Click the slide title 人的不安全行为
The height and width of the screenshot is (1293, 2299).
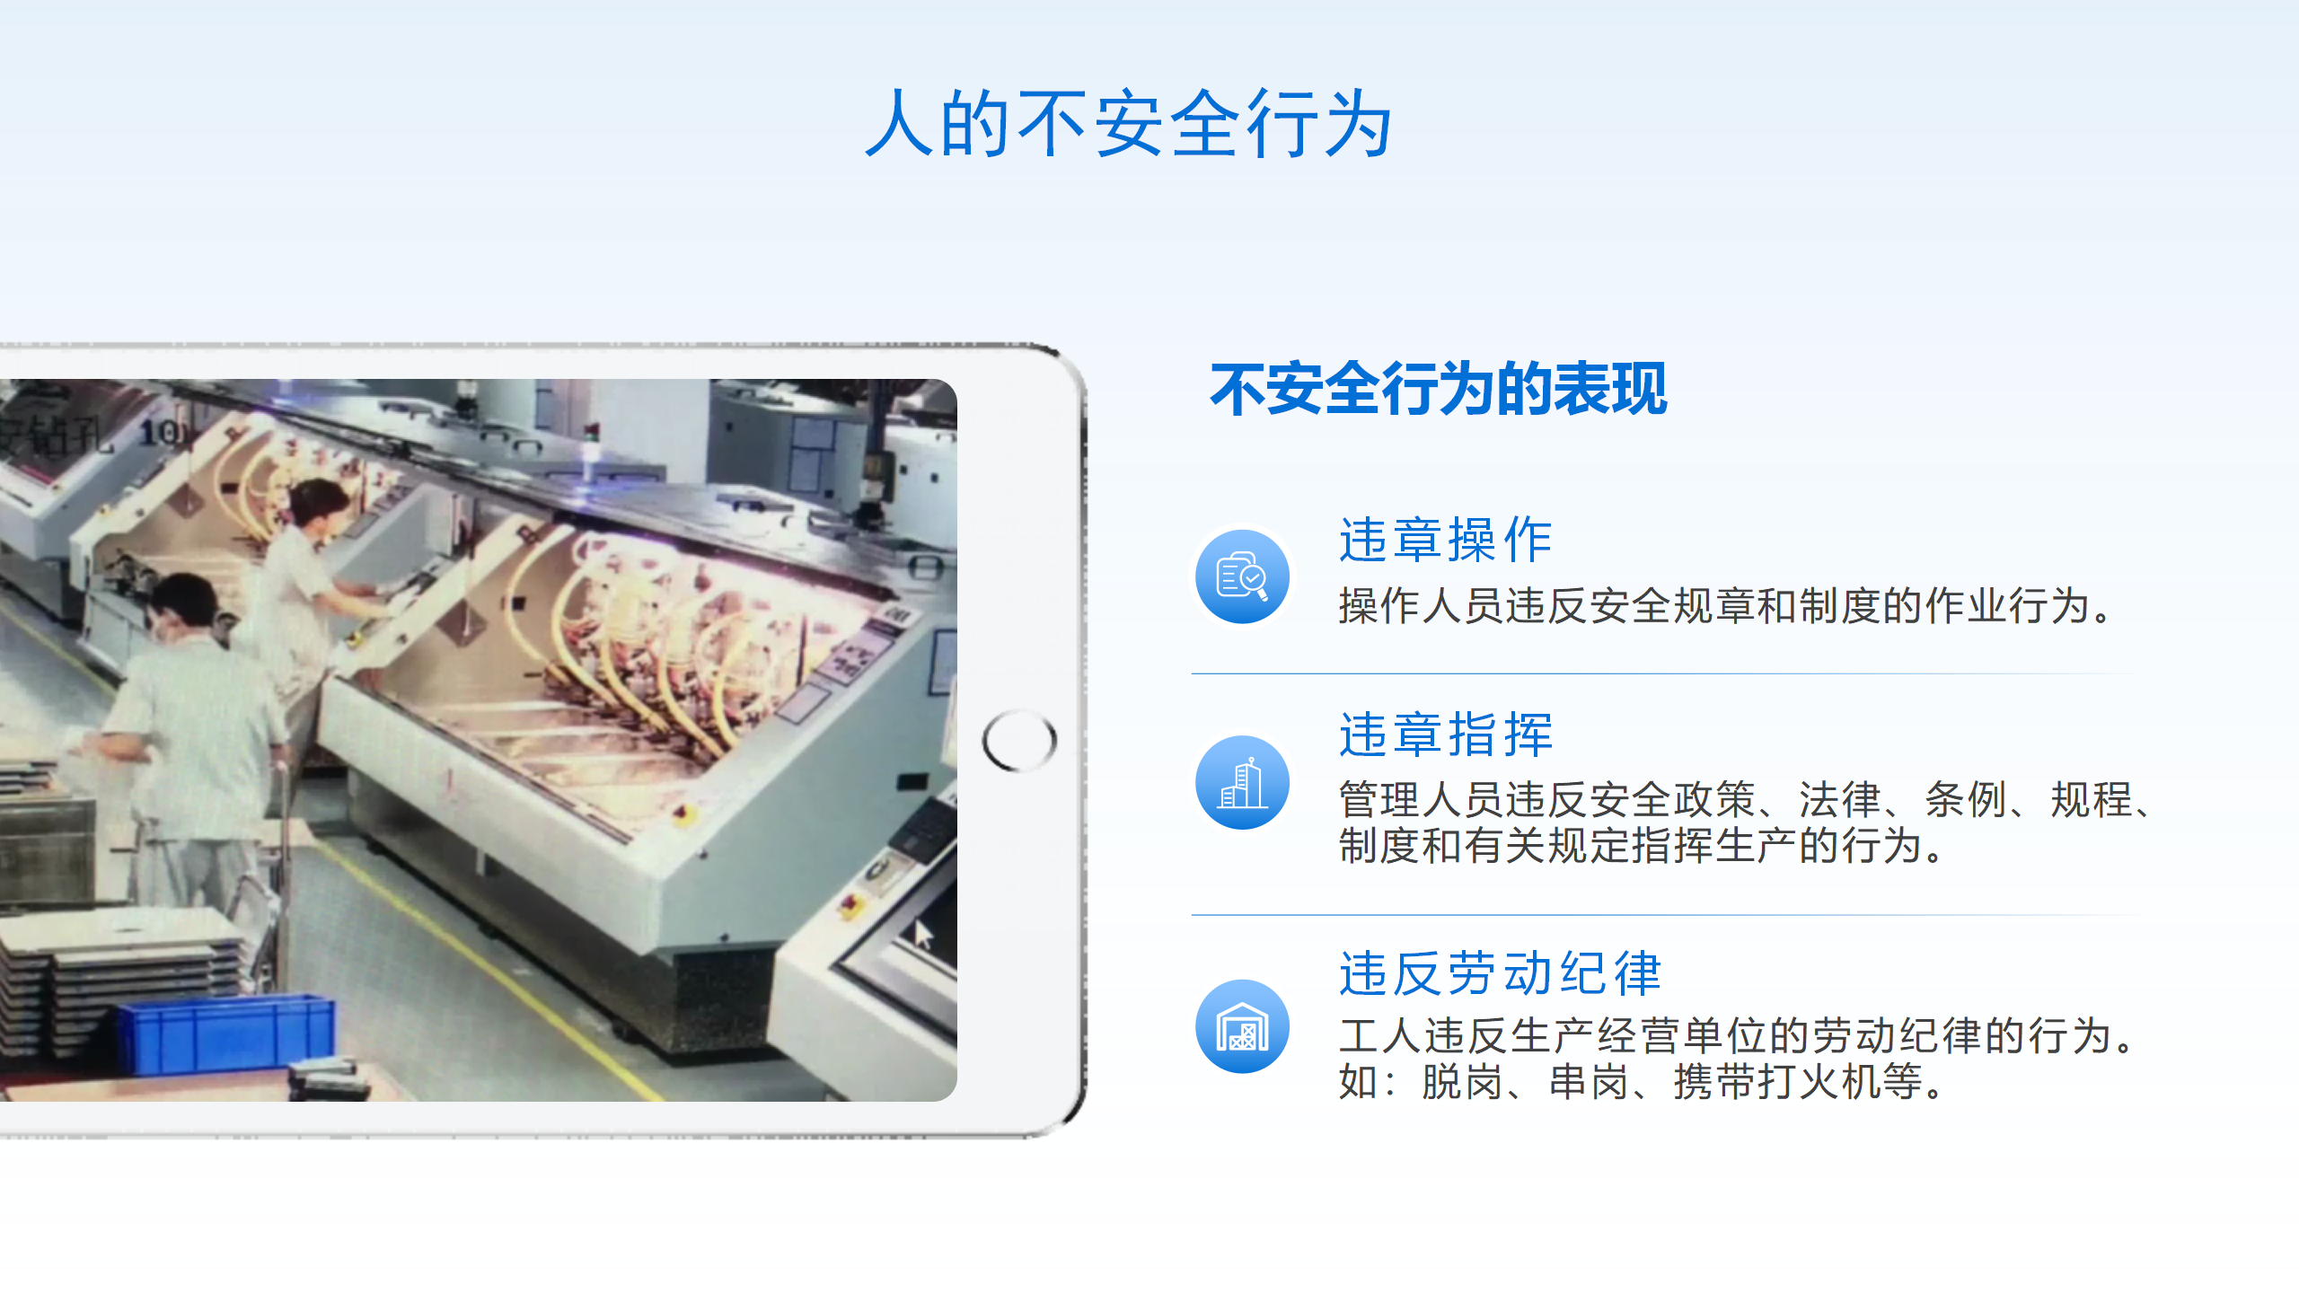(x=1129, y=124)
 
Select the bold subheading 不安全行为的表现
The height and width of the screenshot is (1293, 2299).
(x=1439, y=389)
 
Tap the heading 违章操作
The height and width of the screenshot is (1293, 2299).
(x=1446, y=540)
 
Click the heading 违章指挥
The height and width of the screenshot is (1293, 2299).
(x=1446, y=734)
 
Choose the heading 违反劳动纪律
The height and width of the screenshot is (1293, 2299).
(x=1500, y=973)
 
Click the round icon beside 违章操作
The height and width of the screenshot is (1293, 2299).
(x=1243, y=576)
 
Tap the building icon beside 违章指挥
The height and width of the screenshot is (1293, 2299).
(x=1243, y=783)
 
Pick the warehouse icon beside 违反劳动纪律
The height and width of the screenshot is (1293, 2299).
(x=1243, y=1026)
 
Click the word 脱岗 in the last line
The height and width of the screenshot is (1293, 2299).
(x=1462, y=1081)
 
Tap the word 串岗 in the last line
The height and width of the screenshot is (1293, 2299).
(x=1589, y=1081)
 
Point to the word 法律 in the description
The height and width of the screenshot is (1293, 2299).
(x=1840, y=799)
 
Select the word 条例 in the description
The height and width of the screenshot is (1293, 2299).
(x=1966, y=799)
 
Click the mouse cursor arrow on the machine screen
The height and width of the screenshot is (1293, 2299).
(x=923, y=934)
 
